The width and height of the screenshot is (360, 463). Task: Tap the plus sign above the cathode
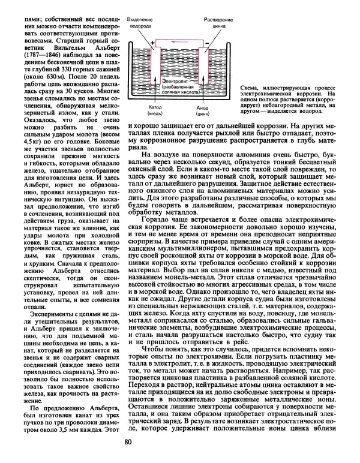click(x=151, y=43)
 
